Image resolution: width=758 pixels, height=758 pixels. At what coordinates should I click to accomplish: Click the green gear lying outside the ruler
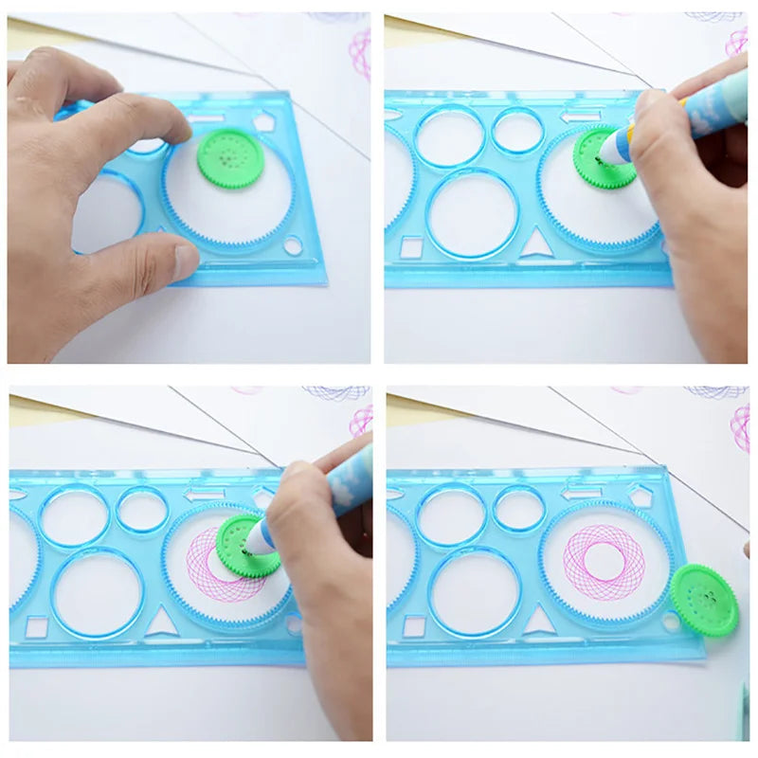click(703, 599)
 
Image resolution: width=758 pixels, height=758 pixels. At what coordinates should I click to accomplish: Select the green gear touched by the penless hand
click(228, 156)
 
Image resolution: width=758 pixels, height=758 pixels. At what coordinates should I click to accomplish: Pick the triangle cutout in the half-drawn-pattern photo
click(162, 622)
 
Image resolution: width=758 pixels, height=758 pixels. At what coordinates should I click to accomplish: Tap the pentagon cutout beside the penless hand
click(263, 121)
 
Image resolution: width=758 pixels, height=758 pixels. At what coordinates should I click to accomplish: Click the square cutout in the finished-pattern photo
click(414, 626)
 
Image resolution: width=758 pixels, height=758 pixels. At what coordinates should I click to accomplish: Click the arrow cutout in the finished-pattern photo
click(580, 494)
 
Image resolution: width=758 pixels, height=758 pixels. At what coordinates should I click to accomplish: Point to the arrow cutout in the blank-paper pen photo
click(580, 117)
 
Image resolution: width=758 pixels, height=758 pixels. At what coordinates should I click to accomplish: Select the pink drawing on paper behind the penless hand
click(360, 52)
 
